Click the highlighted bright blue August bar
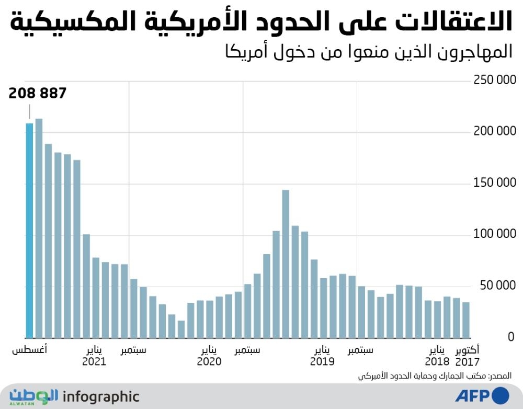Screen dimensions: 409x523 (29, 231)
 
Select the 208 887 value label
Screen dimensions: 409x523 (37, 94)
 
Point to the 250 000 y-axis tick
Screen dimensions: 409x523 (495, 80)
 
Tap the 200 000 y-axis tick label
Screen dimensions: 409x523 (495, 131)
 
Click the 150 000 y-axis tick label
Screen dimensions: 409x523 (495, 183)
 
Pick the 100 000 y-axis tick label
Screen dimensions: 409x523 (495, 234)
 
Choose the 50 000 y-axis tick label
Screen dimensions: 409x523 (497, 286)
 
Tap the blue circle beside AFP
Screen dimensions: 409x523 (500, 395)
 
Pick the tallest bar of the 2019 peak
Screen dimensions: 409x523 (286, 264)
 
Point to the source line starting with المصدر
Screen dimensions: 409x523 (435, 376)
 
